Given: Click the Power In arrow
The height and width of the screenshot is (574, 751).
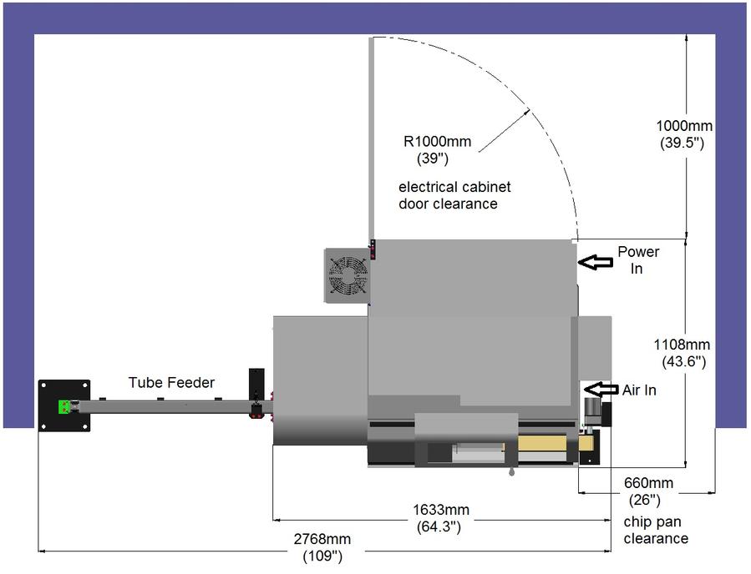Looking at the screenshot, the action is [x=596, y=262].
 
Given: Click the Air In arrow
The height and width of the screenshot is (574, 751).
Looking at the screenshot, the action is [x=601, y=389].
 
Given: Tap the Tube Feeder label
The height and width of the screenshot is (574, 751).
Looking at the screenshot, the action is [x=171, y=383].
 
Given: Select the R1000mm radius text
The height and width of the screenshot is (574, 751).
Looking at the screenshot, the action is [x=437, y=142].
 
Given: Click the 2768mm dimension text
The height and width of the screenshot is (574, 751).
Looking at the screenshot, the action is [x=322, y=539].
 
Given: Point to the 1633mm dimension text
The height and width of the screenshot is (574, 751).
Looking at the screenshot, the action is [x=441, y=510].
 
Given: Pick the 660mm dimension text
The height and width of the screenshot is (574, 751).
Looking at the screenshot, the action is [x=648, y=483].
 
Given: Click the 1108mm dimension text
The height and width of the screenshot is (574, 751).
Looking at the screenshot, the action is [x=682, y=345].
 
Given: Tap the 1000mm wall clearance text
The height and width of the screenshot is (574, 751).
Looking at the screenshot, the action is [x=684, y=126].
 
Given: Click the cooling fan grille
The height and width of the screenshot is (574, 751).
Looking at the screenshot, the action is [x=348, y=275].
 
